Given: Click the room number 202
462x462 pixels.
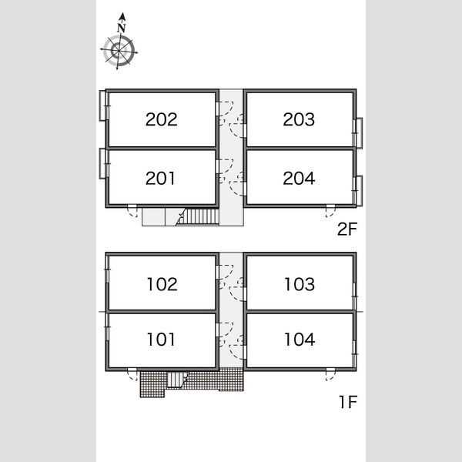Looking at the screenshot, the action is [162, 119].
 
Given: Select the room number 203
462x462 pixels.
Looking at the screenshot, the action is [299, 119].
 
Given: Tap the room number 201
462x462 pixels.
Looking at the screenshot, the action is [160, 179].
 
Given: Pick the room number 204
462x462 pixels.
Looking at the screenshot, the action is [299, 179].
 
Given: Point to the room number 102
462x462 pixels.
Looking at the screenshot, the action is [162, 284].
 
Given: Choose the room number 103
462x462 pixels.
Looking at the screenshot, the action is [300, 284].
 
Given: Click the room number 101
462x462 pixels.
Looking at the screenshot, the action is [161, 340].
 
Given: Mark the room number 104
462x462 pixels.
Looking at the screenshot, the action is [300, 340].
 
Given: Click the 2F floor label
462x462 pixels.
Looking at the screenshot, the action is [347, 229].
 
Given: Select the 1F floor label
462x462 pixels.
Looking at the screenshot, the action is [349, 402].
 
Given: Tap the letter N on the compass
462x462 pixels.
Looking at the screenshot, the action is [122, 28].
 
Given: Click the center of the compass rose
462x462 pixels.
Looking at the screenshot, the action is [119, 52].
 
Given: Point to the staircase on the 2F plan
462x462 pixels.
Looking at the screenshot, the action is [198, 216].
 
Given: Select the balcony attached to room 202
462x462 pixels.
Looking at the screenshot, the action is [102, 105].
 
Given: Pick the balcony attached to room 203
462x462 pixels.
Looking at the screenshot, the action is [359, 133].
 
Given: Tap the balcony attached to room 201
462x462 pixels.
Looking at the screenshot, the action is [102, 163].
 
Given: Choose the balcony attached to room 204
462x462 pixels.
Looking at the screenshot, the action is [359, 191].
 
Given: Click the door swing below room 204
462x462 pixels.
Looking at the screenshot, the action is [330, 212].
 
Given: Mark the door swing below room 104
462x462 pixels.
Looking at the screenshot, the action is [330, 375].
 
